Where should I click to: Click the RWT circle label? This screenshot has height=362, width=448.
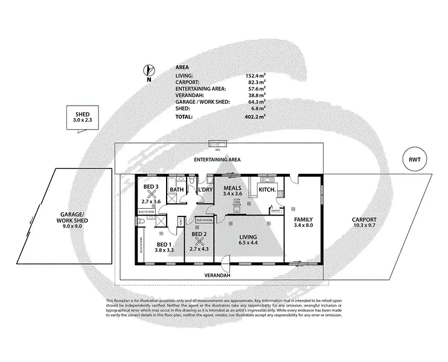click(x=414, y=160)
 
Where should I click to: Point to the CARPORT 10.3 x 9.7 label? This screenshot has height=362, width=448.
click(x=365, y=223)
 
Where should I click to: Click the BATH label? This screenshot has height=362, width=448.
click(x=177, y=190)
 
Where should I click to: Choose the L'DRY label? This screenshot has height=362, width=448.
click(x=203, y=190)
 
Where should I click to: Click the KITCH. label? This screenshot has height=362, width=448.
click(x=267, y=190)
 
